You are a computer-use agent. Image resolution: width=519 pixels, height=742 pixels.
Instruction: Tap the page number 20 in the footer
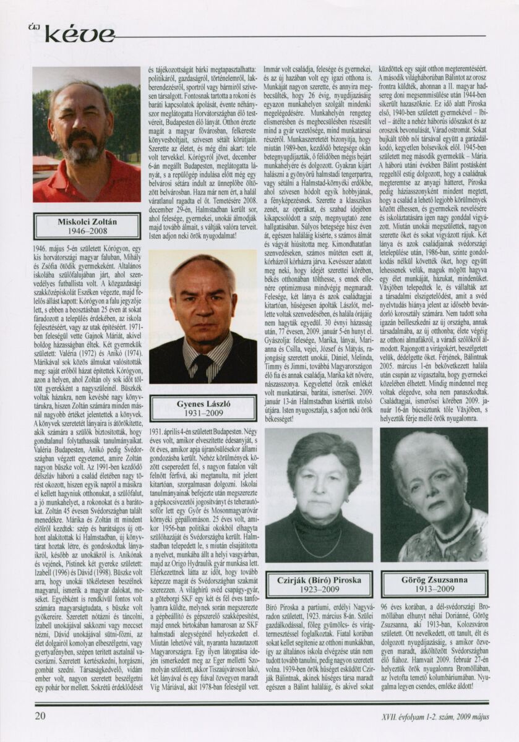click(40, 716)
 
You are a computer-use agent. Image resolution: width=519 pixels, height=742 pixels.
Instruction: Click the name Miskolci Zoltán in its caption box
click(87, 221)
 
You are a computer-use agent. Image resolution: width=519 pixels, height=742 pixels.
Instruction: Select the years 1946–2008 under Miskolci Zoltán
click(87, 232)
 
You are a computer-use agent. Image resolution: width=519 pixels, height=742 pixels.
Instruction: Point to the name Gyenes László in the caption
click(202, 404)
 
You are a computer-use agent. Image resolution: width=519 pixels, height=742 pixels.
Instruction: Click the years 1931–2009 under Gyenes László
click(202, 414)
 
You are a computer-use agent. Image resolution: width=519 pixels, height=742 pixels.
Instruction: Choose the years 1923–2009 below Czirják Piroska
click(319, 591)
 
